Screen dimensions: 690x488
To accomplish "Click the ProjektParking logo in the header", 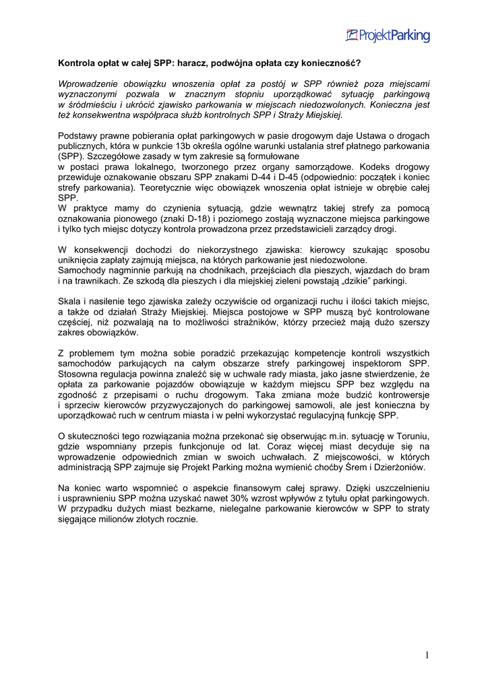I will click(x=388, y=35).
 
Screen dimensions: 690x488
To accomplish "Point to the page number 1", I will click(x=427, y=655).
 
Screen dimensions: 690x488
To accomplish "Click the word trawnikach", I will click(x=91, y=280).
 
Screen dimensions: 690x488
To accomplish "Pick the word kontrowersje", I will click(x=398, y=395).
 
